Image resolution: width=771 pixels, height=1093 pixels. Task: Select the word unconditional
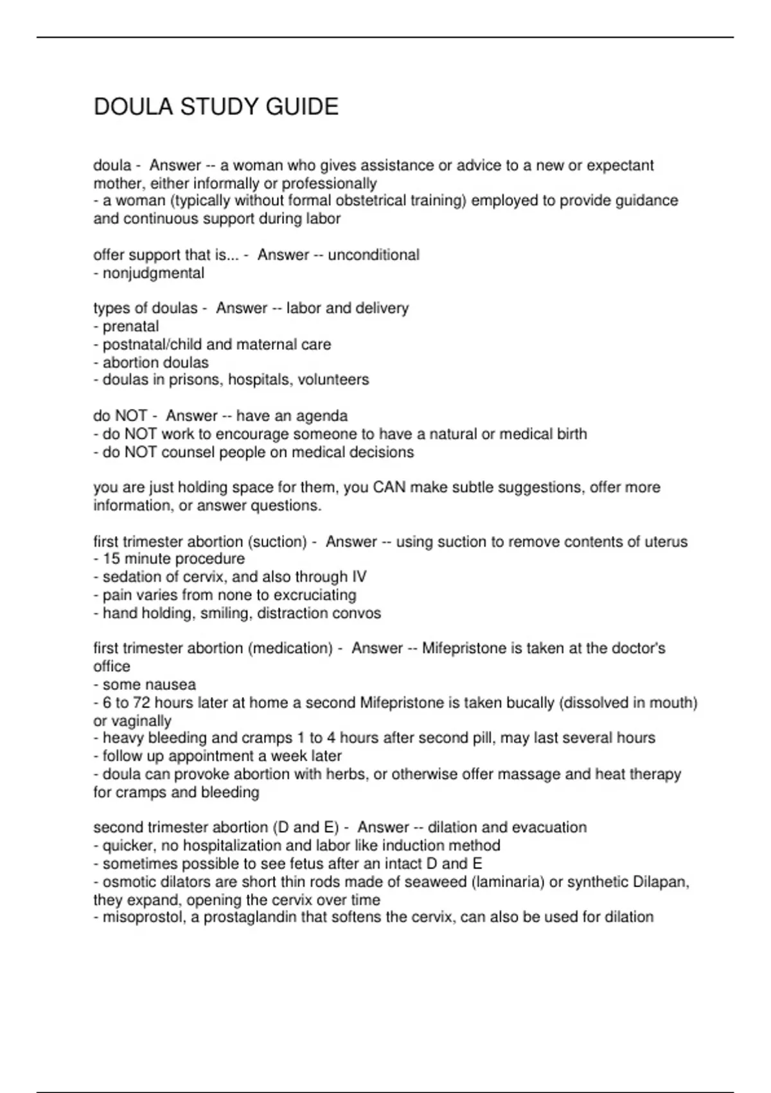click(x=373, y=255)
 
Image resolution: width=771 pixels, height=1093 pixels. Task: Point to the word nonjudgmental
click(x=154, y=273)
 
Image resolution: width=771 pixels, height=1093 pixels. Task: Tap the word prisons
click(x=195, y=380)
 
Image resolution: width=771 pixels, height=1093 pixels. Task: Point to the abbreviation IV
click(x=359, y=577)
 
